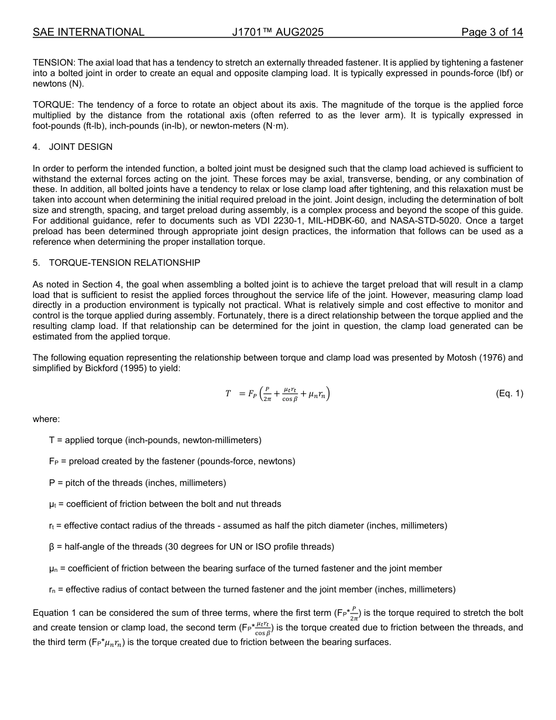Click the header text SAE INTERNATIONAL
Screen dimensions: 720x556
tap(88, 32)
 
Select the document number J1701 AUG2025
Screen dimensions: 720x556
tap(277, 32)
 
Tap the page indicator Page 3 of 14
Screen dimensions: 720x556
tap(492, 32)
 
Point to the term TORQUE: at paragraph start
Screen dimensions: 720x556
tap(52, 105)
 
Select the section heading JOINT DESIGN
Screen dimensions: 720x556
tap(81, 146)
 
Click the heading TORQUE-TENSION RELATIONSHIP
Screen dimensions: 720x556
tap(124, 263)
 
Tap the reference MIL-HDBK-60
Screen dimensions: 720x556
tap(362, 221)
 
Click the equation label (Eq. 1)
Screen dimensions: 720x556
tap(509, 394)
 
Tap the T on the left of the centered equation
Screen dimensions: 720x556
tap(228, 394)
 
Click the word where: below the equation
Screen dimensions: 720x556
tap(46, 419)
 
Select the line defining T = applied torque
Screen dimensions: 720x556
tap(155, 440)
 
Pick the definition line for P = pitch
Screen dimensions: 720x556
tap(138, 483)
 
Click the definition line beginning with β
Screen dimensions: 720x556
tap(191, 547)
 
